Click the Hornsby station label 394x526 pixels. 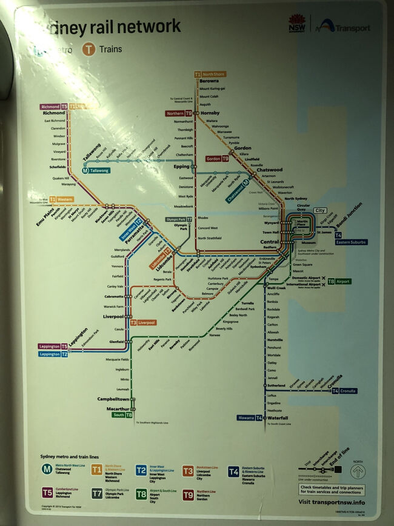[210, 113]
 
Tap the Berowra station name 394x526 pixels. [209, 81]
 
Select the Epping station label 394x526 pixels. [181, 166]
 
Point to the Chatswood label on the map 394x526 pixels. [270, 170]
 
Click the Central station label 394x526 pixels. [270, 242]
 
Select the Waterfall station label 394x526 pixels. [278, 418]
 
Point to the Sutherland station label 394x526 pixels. [276, 385]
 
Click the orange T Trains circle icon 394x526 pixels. [90, 50]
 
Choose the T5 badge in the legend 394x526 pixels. [47, 493]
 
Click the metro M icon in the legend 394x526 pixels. [47, 468]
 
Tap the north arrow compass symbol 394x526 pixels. [358, 470]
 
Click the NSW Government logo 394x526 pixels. [296, 24]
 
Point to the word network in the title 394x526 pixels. [150, 27]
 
